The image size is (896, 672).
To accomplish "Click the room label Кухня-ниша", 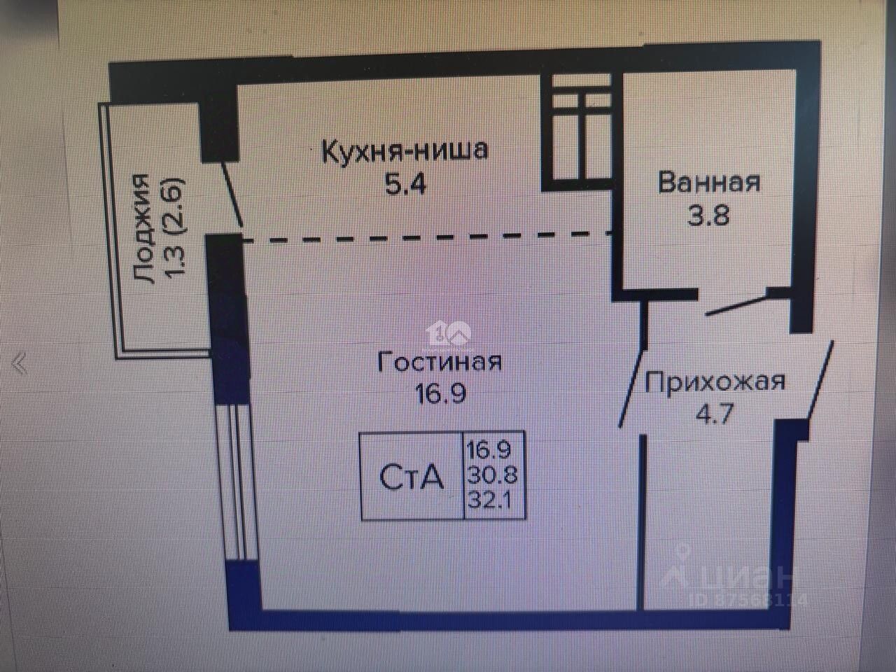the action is coord(404,150).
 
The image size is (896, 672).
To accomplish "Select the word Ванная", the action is coord(708,182).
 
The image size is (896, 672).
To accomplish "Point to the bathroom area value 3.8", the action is coord(708,214).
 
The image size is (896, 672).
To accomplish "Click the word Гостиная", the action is coord(440,362).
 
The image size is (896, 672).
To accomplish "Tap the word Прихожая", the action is coord(715,382).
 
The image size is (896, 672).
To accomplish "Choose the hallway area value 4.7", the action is coord(715,414).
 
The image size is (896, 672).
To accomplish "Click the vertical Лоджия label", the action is coord(143,229).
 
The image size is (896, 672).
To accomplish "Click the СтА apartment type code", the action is coord(411,477).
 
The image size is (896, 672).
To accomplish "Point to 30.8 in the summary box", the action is coord(493,475).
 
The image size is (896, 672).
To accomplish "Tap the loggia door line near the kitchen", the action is coord(232,193).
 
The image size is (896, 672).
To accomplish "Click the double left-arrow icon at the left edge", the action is coord(19,364).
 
